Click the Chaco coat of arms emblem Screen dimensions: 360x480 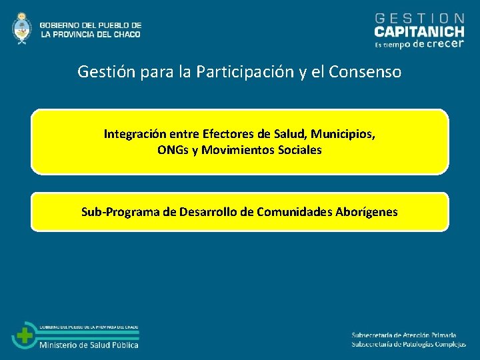(x=22, y=29)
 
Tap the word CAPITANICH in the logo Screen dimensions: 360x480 (x=419, y=31)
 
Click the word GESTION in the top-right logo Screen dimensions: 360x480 (x=420, y=18)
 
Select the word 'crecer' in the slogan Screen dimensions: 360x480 (x=444, y=45)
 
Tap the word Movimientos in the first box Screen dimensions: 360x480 (x=234, y=150)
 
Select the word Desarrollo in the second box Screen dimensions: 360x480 (x=209, y=212)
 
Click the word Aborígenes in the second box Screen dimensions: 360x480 (x=366, y=212)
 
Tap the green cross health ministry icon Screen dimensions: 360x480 (x=25, y=335)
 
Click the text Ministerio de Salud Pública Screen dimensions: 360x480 (x=89, y=345)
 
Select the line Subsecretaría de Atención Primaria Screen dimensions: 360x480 (x=404, y=335)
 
